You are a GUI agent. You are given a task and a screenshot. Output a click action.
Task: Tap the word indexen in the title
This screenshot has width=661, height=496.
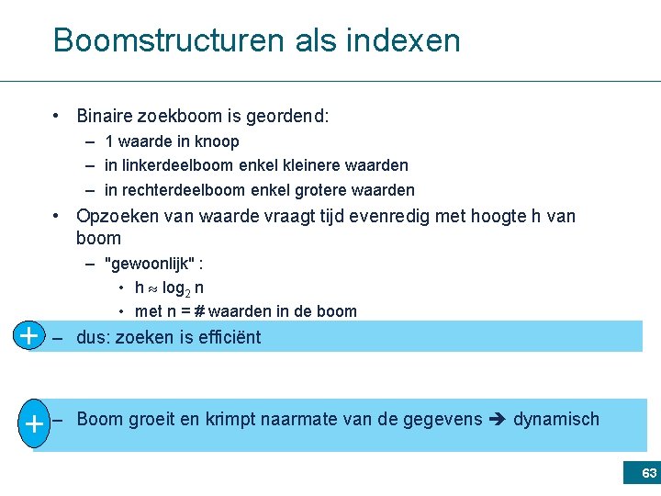404,41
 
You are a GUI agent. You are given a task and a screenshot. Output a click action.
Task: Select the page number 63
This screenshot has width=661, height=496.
649,474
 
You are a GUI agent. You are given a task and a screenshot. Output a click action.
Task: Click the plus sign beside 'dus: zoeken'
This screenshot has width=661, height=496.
29,336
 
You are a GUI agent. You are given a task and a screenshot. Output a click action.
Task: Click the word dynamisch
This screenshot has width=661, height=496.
555,420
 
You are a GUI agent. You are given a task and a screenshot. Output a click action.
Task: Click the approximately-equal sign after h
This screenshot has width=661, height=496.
152,288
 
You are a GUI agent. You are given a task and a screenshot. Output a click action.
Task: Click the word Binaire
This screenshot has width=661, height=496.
106,117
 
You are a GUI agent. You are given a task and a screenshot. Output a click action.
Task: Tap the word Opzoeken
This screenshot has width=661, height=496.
115,217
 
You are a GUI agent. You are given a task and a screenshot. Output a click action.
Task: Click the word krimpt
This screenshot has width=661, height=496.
230,420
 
